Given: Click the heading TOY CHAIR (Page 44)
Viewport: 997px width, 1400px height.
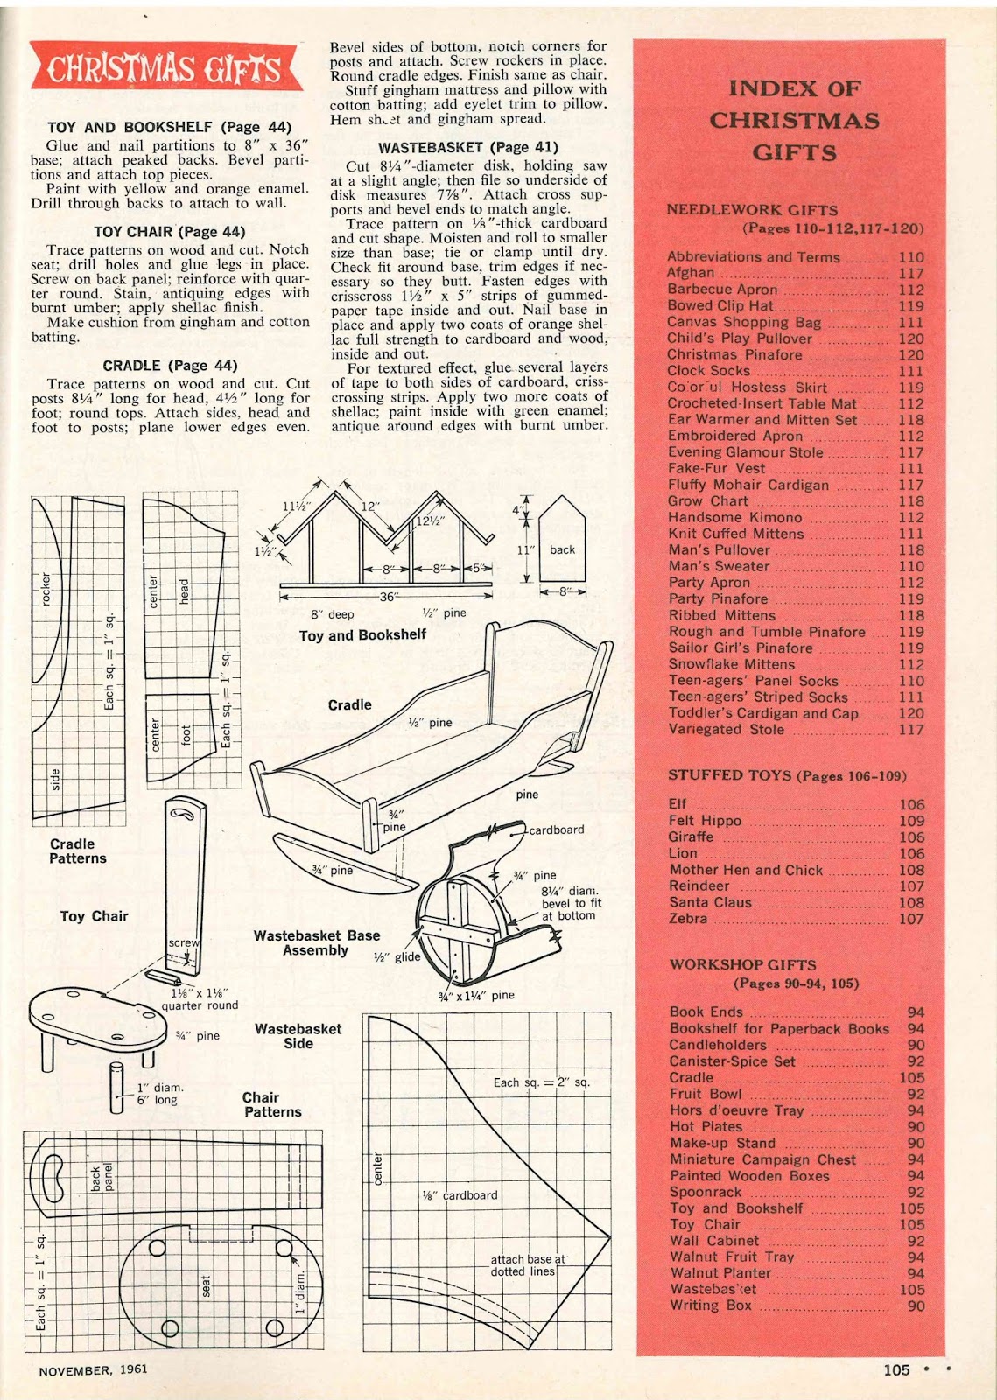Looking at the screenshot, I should pyautogui.click(x=170, y=232).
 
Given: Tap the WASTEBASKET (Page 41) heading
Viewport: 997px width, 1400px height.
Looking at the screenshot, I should pyautogui.click(x=468, y=147).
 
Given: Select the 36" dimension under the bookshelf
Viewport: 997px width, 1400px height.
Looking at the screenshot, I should pyautogui.click(x=387, y=597).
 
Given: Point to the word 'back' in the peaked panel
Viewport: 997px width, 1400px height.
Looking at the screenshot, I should pyautogui.click(x=562, y=549).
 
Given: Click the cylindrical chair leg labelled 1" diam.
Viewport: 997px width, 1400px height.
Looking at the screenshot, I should pyautogui.click(x=117, y=1088).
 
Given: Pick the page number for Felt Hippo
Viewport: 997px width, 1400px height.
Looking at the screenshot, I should pyautogui.click(x=911, y=821).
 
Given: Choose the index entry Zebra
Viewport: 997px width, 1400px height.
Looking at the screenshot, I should pyautogui.click(x=688, y=918).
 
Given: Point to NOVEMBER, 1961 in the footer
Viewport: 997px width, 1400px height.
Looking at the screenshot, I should pyautogui.click(x=93, y=1370).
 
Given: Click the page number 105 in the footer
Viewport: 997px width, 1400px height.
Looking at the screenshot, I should pyautogui.click(x=896, y=1370).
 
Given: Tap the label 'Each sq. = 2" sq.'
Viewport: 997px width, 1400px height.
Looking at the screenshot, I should pyautogui.click(x=541, y=1082).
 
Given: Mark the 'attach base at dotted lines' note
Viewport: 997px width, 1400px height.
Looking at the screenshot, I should pyautogui.click(x=528, y=1265).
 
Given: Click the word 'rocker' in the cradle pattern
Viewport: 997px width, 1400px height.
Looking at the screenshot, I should pyautogui.click(x=46, y=589).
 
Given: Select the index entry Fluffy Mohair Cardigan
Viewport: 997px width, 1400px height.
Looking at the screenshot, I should pyautogui.click(x=748, y=485).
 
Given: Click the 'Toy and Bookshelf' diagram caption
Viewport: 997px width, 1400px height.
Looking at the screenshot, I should pyautogui.click(x=362, y=635).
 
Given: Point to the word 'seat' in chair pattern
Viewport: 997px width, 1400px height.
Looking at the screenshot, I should pyautogui.click(x=207, y=1286).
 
